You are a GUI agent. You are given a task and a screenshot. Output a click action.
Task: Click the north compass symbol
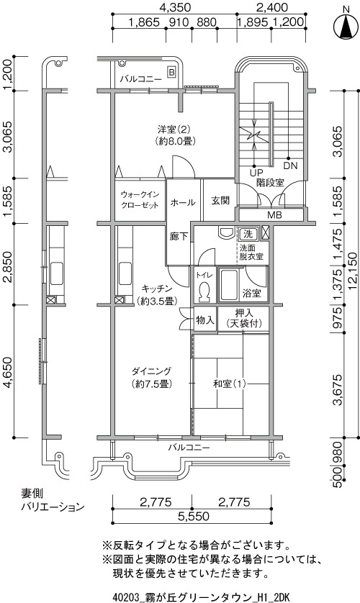point(346,27)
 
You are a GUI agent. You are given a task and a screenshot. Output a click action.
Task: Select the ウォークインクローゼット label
point(140,199)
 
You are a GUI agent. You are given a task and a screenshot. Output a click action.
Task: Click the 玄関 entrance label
point(220,200)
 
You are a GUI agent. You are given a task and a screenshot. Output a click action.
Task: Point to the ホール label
point(183,202)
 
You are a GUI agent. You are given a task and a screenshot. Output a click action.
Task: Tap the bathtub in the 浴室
point(228,285)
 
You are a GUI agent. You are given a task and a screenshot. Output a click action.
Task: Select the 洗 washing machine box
point(248,233)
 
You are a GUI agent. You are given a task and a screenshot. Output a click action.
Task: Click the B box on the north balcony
point(171,72)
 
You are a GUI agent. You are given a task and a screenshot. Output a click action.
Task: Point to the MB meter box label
point(274,215)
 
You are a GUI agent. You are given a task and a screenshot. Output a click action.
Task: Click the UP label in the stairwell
point(256,173)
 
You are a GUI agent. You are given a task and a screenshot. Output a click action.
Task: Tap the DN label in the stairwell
point(290,166)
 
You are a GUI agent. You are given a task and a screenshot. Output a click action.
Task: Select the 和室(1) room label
point(230,384)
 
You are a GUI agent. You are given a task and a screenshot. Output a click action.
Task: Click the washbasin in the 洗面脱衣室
point(226,232)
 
